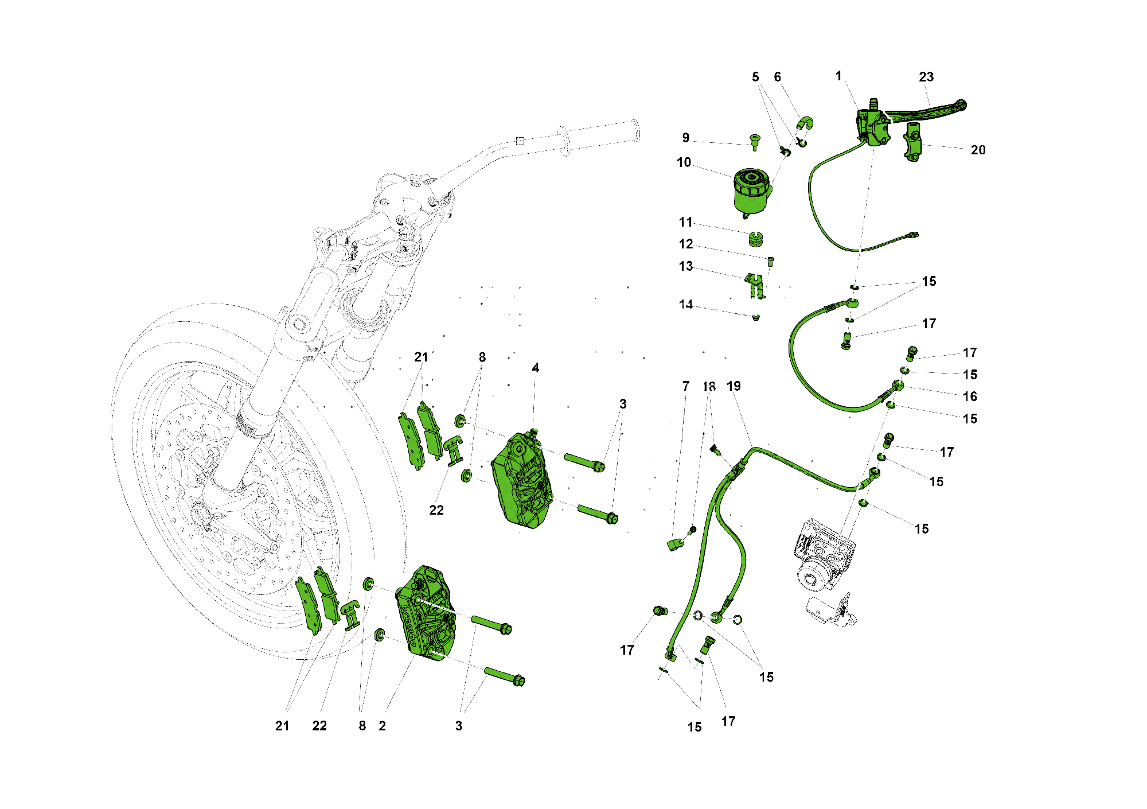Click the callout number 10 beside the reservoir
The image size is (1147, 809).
pos(684,162)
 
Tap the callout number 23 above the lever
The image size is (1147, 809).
pos(926,77)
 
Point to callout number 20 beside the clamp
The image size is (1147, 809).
pos(978,150)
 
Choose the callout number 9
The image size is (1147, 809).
pos(686,138)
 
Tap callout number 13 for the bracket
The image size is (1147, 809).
pos(686,266)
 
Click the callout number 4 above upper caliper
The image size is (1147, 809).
pos(535,368)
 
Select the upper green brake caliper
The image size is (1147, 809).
pos(522,482)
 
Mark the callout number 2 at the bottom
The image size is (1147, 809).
pos(383,726)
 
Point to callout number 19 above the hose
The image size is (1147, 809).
pos(734,386)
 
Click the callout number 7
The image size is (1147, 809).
pos(686,386)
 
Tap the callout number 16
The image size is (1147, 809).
pos(970,396)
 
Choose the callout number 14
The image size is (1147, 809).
pos(686,304)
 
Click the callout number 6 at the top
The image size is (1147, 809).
pos(778,77)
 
